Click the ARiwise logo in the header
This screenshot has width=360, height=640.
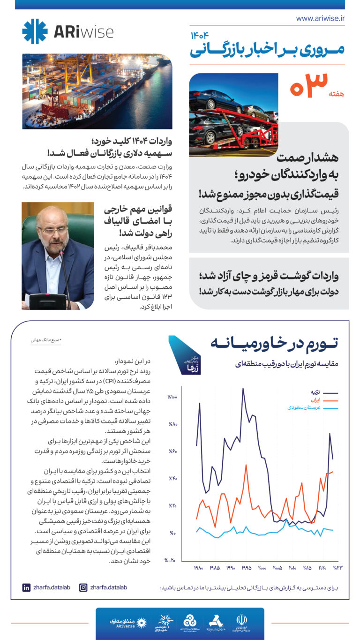[67, 31]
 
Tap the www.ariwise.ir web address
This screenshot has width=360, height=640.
[320, 18]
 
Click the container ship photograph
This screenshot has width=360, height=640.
[97, 91]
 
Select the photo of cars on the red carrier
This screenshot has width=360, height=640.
[233, 115]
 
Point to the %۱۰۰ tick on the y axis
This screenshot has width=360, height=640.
[172, 398]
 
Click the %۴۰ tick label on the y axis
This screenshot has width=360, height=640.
[172, 479]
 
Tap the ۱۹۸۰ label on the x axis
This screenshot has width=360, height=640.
[198, 568]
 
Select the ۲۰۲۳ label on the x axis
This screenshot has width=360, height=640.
[338, 568]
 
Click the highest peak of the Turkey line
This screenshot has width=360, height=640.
[243, 388]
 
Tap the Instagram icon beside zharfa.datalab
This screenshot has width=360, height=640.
[83, 587]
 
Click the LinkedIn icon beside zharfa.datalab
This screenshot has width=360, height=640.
[26, 587]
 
